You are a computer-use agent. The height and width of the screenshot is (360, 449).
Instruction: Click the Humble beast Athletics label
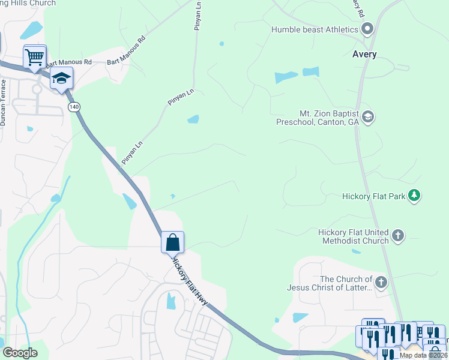click(315, 29)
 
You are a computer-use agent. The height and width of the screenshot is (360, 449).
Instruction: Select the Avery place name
click(364, 55)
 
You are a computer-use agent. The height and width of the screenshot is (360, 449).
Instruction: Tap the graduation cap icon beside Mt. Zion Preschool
click(368, 116)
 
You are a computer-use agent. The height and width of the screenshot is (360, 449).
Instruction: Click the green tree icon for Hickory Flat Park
click(414, 196)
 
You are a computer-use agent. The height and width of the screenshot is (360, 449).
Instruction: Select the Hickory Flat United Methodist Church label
click(353, 236)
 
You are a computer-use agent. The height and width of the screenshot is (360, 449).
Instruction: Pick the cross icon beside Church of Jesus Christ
click(380, 282)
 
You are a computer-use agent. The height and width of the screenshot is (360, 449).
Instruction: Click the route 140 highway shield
click(74, 107)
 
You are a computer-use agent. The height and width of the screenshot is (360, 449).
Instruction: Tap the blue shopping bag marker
click(172, 242)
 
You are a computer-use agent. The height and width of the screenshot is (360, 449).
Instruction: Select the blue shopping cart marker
click(35, 58)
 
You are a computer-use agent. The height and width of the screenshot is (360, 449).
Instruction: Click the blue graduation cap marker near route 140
click(62, 79)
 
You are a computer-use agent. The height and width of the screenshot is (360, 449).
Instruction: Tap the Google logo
click(20, 353)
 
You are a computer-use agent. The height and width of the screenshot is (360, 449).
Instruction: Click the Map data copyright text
click(423, 355)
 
